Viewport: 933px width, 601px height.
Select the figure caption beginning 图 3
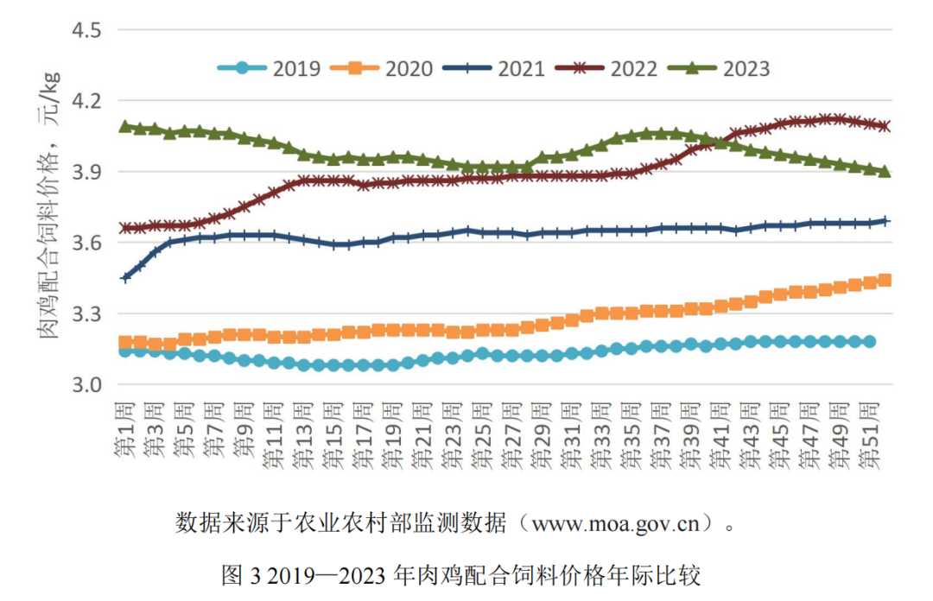click(x=460, y=575)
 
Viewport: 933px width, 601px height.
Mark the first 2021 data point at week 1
click(x=126, y=278)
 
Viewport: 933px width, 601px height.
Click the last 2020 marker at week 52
click(x=885, y=280)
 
